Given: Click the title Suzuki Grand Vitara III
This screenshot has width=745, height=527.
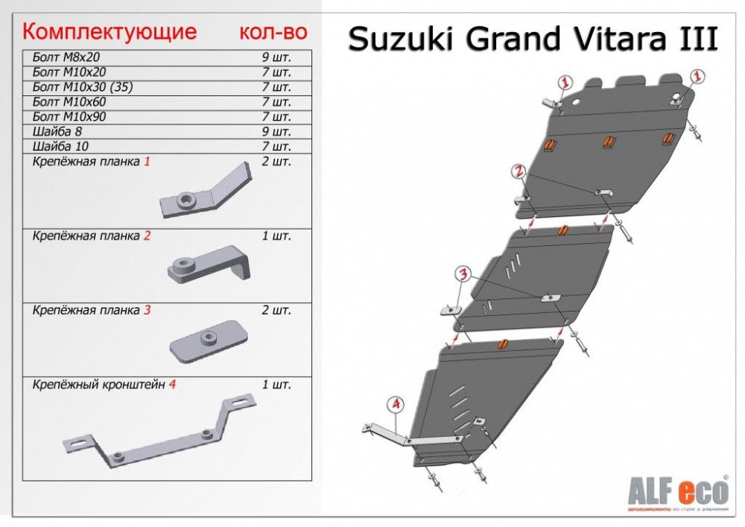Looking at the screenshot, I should [533, 40].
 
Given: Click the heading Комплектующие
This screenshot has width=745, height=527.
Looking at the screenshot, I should [110, 32].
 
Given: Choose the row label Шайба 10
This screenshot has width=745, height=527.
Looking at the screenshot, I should [56, 147].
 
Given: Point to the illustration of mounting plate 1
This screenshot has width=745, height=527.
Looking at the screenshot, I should [209, 192].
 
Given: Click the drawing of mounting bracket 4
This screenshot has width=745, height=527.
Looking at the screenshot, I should [159, 435].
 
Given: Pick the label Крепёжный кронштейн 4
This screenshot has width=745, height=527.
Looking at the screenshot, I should [104, 385].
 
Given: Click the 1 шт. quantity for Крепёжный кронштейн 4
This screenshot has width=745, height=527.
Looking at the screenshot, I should [276, 385].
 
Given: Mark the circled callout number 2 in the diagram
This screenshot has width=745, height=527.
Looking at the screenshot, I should [519, 172].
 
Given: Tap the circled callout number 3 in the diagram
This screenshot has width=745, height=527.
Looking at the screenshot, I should [463, 273].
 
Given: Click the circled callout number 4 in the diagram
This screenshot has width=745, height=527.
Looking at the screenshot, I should [396, 404].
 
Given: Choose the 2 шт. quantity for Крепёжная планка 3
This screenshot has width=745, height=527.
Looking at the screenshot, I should [276, 309].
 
